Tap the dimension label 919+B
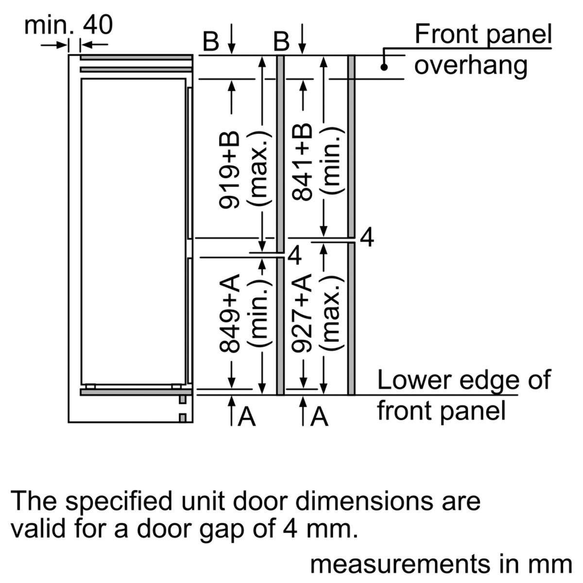coord(229,170)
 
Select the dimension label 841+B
coord(301,162)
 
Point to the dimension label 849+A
coord(229,314)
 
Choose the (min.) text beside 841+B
coord(333,161)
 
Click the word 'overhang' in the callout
coord(471,66)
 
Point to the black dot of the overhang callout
coord(384,68)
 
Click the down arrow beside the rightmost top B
coord(303,39)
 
